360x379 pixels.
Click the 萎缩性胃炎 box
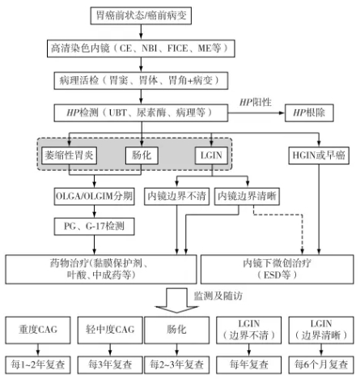[x=70, y=154]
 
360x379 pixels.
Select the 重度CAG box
[x=36, y=333]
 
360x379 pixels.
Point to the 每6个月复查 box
[x=321, y=364]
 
